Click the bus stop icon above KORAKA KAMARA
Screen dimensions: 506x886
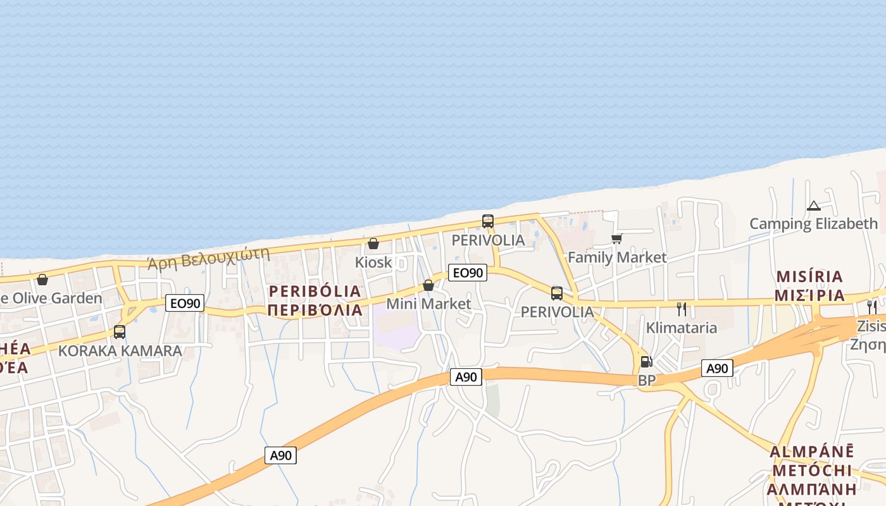pyautogui.click(x=120, y=331)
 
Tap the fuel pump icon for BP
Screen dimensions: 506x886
pyautogui.click(x=646, y=362)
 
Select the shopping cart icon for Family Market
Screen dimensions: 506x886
pyautogui.click(x=617, y=238)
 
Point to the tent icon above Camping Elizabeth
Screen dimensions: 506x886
pyautogui.click(x=814, y=206)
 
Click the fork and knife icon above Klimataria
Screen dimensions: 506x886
pyautogui.click(x=682, y=309)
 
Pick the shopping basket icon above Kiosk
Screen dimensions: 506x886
pyautogui.click(x=373, y=244)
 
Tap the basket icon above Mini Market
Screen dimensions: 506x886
pyautogui.click(x=428, y=285)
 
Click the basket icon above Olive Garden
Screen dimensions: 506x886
pyautogui.click(x=42, y=280)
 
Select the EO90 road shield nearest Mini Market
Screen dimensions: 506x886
pyautogui.click(x=468, y=273)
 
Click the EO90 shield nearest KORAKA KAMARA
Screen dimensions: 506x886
pyautogui.click(x=185, y=304)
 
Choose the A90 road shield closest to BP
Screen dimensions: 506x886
pyautogui.click(x=717, y=368)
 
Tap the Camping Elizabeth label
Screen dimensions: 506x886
pyautogui.click(x=814, y=223)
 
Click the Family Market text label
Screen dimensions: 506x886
pyautogui.click(x=617, y=257)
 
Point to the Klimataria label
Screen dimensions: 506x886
pyautogui.click(x=682, y=328)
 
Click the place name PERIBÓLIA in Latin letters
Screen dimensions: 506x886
pyautogui.click(x=315, y=292)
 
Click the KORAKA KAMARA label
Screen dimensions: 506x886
pyautogui.click(x=120, y=350)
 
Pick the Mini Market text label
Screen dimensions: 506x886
pyautogui.click(x=428, y=304)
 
